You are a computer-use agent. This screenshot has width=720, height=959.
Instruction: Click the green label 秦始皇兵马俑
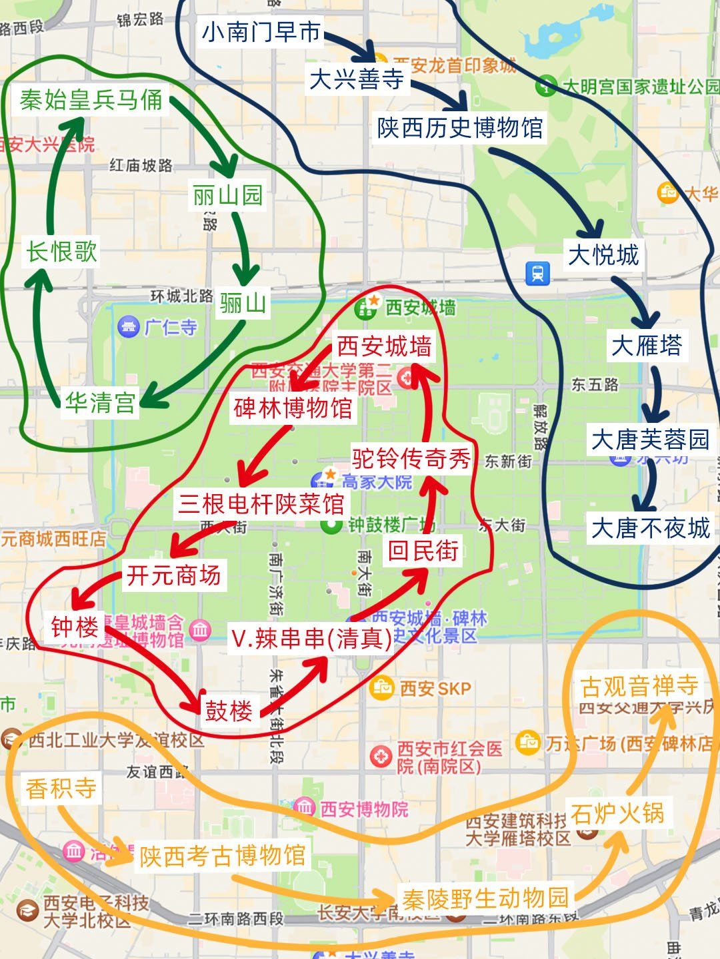pos(91,101)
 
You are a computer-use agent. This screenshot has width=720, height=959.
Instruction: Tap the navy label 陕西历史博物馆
pos(461,128)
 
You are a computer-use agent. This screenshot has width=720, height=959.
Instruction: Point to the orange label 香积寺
pos(61,789)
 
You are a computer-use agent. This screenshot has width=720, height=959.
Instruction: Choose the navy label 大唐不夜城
pos(651,528)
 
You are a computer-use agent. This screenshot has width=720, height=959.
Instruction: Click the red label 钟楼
pos(75,627)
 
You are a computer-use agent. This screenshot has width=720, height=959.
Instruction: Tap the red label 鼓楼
pos(229,711)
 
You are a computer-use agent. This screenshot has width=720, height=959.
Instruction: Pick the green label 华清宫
pos(100,403)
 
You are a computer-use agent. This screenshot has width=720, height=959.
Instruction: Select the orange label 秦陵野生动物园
pos(485,898)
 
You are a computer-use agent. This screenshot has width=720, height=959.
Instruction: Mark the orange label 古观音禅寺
pos(639,686)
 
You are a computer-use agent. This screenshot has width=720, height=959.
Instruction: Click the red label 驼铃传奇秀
pos(411,458)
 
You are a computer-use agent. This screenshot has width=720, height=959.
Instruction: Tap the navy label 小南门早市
pos(261,32)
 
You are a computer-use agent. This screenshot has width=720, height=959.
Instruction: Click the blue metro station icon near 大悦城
pos(537,272)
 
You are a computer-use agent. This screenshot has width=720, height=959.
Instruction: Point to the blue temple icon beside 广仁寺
pos(127,328)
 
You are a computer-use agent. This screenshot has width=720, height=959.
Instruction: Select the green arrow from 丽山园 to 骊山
pos(243,250)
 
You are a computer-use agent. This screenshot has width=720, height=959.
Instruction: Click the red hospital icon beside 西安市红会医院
pos(381,757)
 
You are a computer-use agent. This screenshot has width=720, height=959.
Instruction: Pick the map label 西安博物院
pos(363,809)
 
